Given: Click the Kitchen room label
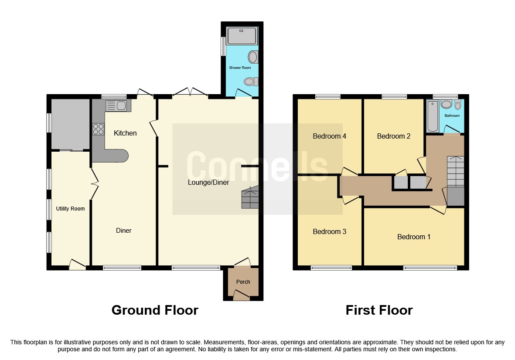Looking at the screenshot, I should point(125,133).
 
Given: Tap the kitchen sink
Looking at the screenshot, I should point(116,105).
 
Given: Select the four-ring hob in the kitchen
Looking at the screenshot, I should point(98,129).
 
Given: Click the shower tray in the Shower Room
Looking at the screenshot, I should point(242,35).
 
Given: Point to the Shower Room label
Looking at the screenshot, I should point(240,68).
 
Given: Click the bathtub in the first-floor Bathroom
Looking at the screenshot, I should point(432,115).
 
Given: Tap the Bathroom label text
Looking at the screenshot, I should point(452,116).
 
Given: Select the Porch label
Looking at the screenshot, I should point(243,282).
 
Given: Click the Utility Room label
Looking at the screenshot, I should point(70,209).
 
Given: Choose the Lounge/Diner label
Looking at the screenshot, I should point(208,183).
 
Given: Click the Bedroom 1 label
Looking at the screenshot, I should point(414,237).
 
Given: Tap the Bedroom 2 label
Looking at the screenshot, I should point(393,136).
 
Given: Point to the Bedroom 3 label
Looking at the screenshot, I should point(329,231).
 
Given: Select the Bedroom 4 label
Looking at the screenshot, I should point(329,136).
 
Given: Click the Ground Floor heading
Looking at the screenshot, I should point(155,310).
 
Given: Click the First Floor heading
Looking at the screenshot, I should point(379,310).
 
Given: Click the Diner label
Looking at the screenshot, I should point(124,231).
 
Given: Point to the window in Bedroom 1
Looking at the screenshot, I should point(430,268).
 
